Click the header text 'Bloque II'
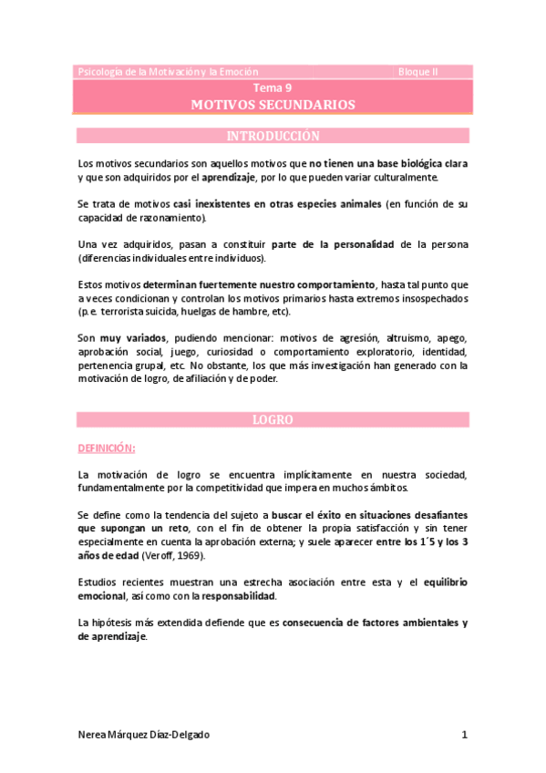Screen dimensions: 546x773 click(x=417, y=71)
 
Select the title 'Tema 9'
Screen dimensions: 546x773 click(x=273, y=88)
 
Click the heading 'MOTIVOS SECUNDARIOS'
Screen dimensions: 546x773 click(x=273, y=105)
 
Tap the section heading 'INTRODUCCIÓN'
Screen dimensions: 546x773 click(x=273, y=137)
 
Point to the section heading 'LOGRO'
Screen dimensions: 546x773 click(x=273, y=420)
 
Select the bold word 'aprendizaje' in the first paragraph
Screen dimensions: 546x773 click(x=227, y=177)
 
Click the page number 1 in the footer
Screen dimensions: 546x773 click(x=464, y=735)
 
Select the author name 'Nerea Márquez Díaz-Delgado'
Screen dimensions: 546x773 click(x=149, y=735)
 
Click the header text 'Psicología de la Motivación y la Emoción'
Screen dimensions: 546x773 click(x=169, y=71)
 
